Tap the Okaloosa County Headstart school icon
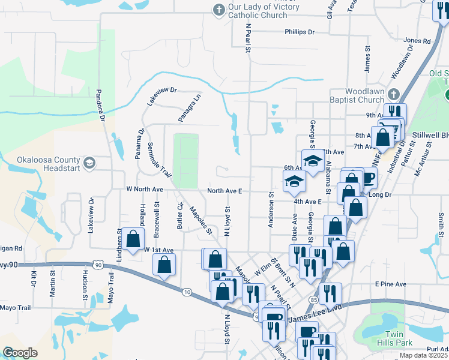coord(89,163)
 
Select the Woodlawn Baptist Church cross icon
coord(393,94)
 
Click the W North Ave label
coord(145,189)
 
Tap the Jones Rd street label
coord(417,41)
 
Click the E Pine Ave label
coord(391,284)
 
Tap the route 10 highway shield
coord(187,292)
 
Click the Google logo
coord(20,352)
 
